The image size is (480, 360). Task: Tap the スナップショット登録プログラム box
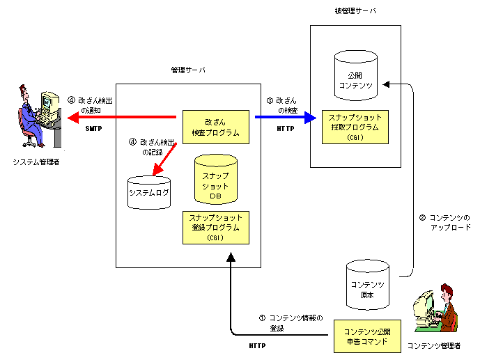tap(215, 227)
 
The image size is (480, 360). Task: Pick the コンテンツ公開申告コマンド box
tap(367, 338)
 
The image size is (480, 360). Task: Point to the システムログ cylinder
tap(148, 192)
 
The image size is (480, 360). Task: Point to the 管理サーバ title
tap(188, 70)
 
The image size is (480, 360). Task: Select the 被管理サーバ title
tap(355, 10)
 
